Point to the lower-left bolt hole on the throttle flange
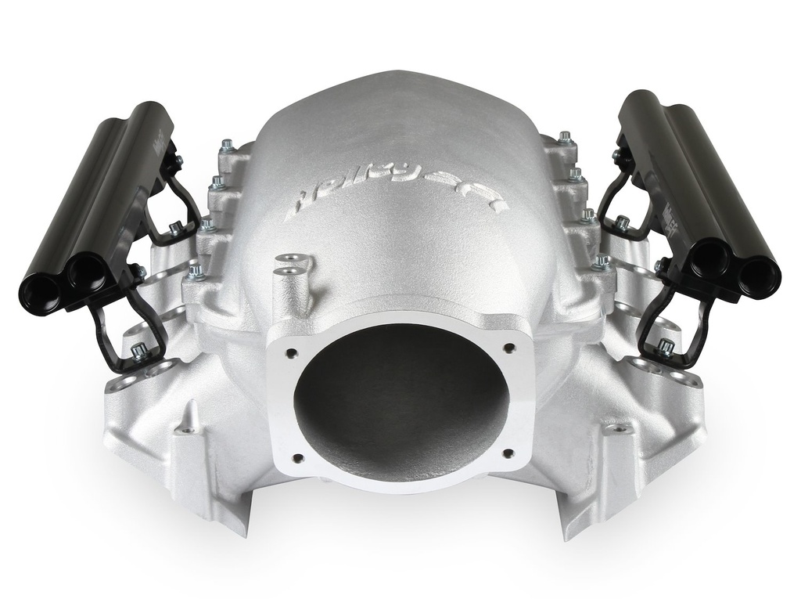point(296,460)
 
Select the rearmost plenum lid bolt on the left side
point(227,145)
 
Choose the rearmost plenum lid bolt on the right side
point(564,138)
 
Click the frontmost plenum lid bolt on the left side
point(194,272)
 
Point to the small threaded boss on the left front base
point(187,428)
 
